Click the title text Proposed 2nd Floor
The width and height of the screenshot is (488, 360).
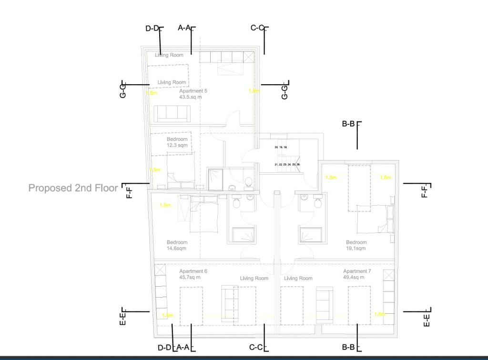(73, 188)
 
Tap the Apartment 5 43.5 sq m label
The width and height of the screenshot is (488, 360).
(193, 93)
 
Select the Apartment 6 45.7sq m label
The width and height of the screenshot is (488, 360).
(193, 274)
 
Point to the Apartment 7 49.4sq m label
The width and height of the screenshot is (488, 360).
(357, 274)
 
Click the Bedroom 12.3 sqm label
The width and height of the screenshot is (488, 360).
(177, 142)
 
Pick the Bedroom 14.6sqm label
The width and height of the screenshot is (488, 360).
(177, 245)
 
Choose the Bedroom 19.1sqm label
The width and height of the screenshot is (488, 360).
(356, 245)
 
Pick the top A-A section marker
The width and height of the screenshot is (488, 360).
(186, 28)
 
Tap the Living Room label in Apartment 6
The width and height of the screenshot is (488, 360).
(254, 278)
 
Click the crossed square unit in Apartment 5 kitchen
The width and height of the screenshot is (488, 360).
(249, 57)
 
